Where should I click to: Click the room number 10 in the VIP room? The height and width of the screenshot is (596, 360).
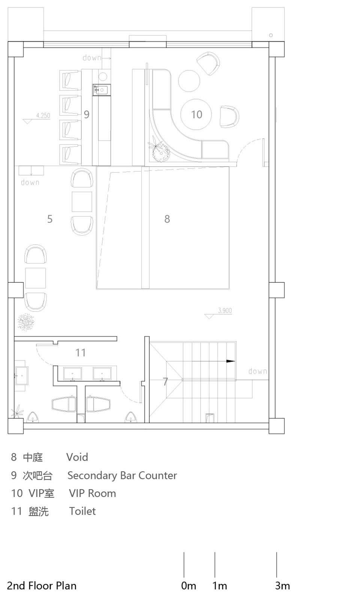pos(196,114)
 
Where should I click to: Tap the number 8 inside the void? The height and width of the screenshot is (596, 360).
pos(167,219)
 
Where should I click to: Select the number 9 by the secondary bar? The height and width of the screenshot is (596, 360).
pos(87,114)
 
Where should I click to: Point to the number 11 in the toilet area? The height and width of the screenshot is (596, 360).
pos(81,353)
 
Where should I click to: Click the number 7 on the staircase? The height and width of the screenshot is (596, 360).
pos(166,381)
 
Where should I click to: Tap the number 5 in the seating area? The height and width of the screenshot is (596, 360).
pos(50,219)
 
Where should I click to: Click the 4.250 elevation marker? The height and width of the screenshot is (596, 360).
pos(43,116)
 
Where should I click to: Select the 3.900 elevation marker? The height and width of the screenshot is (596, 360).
pos(225,311)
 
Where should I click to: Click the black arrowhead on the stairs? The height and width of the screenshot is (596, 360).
pos(231,361)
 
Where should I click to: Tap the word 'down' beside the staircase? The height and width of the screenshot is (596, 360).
pos(258,371)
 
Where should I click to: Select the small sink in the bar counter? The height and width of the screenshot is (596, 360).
pos(101,90)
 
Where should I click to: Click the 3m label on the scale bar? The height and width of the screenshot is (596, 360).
pos(282,585)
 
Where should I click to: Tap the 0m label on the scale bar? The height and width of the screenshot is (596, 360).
pos(188,585)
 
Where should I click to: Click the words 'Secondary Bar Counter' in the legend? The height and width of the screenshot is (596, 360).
pos(122,475)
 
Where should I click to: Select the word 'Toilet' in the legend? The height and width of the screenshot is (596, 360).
pos(82,511)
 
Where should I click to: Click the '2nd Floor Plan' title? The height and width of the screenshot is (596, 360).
pos(42,585)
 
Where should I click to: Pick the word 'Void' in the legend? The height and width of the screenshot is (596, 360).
pos(77,457)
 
